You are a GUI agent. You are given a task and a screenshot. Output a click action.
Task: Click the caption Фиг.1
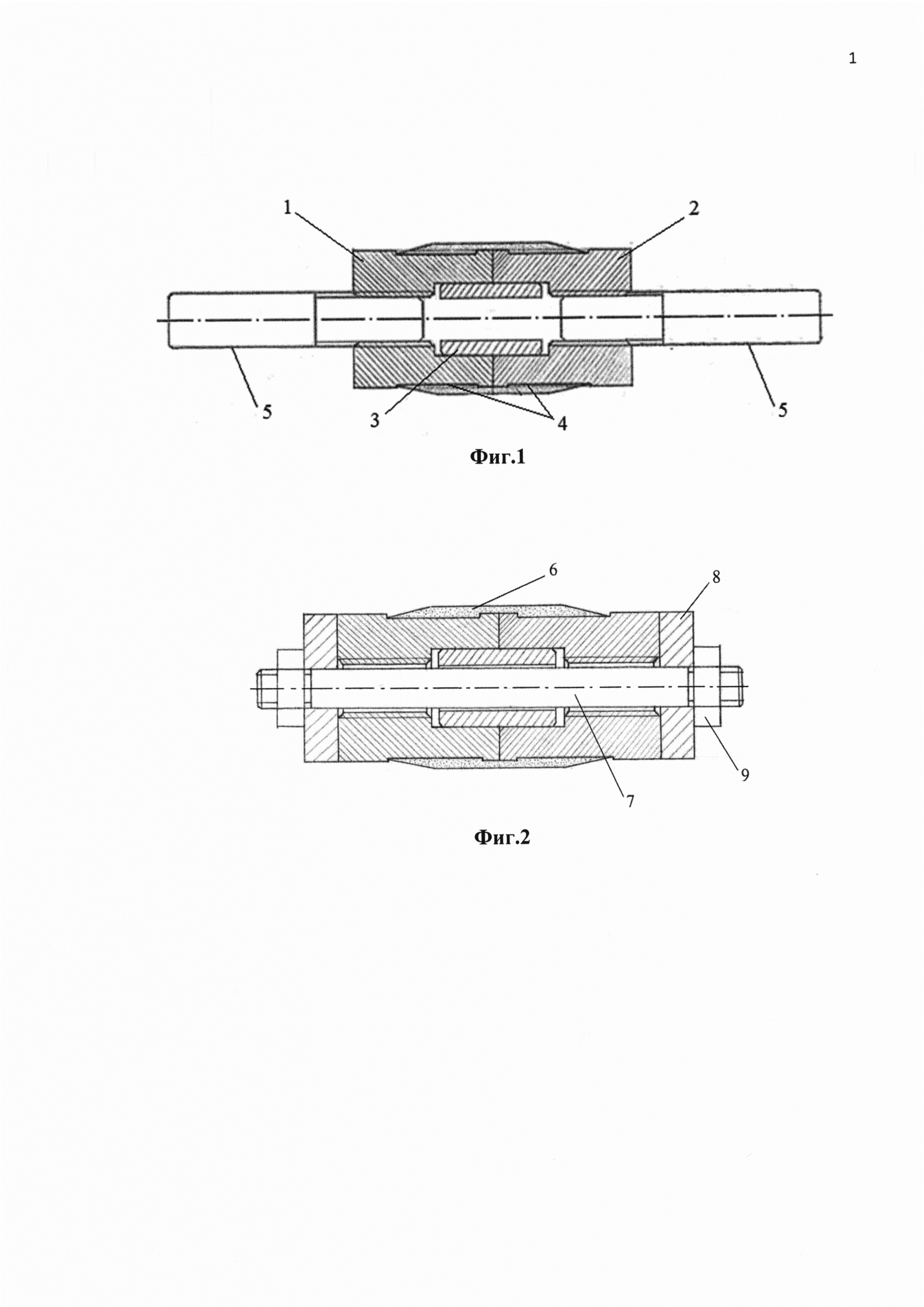pos(497,457)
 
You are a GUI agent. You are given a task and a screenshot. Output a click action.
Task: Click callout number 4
pos(562,423)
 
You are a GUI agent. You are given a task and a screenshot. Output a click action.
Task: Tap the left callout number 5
pos(267,411)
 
